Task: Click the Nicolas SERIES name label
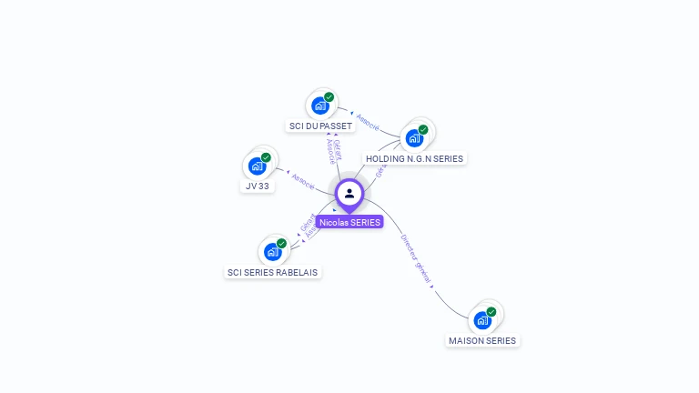click(349, 222)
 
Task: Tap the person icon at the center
click(349, 193)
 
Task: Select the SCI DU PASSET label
click(319, 126)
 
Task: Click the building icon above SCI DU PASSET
click(319, 106)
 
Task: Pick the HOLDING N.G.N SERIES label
click(414, 158)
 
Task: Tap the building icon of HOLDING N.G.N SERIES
click(414, 138)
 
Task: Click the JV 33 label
click(258, 186)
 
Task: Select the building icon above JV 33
click(258, 166)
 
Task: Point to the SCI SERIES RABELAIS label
click(273, 272)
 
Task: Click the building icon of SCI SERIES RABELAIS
click(273, 251)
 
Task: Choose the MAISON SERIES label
click(482, 340)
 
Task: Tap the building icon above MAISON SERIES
click(482, 319)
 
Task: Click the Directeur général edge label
click(416, 259)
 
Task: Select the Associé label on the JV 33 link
click(303, 180)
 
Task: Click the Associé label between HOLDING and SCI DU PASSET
click(368, 122)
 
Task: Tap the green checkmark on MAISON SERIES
click(491, 311)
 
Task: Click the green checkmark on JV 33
click(266, 157)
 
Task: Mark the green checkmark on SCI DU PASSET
click(329, 97)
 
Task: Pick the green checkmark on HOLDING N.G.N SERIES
click(423, 129)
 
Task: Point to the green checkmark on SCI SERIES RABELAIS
click(281, 243)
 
